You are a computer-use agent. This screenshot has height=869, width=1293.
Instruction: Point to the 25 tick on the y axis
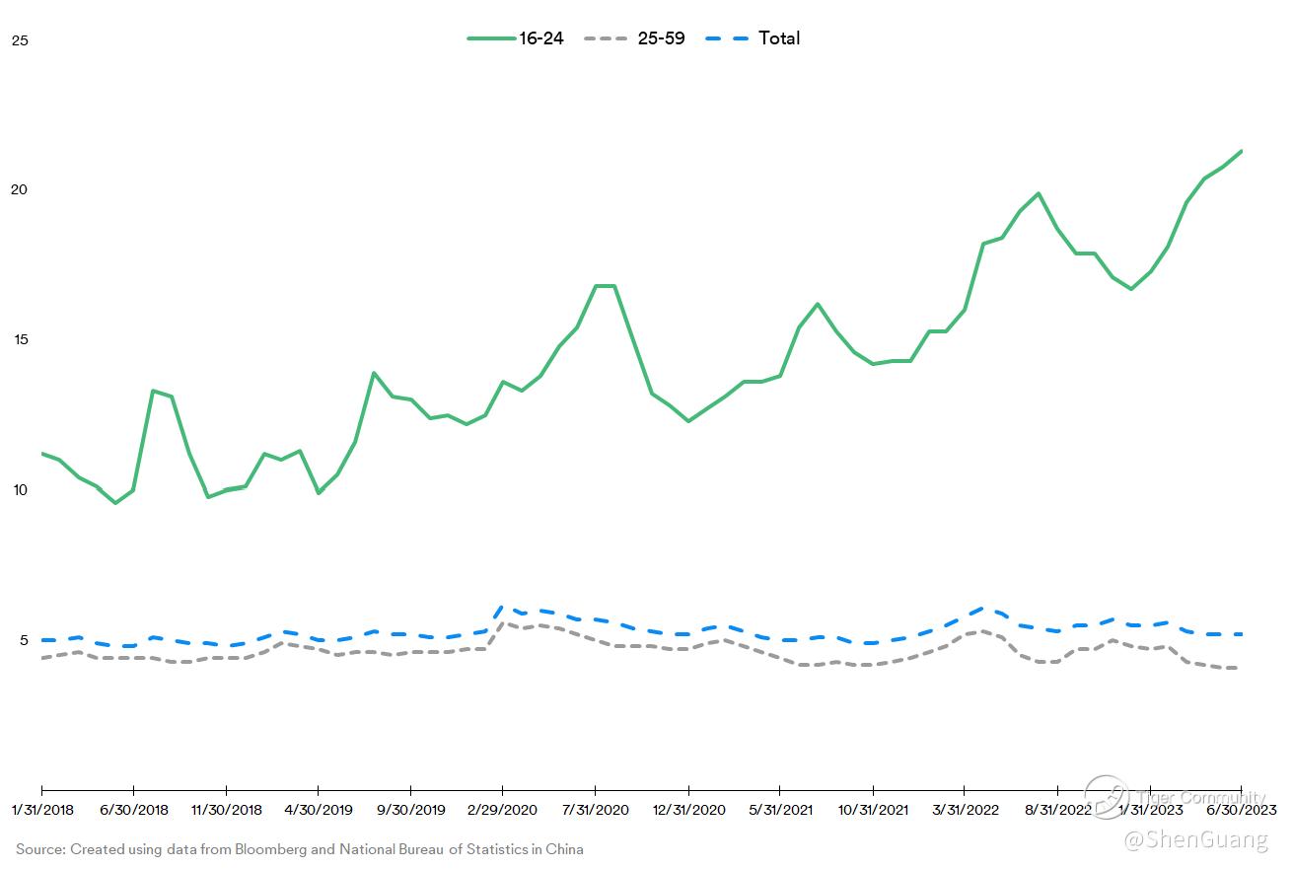pyautogui.click(x=20, y=40)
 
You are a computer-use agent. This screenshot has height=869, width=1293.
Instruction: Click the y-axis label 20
pyautogui.click(x=20, y=189)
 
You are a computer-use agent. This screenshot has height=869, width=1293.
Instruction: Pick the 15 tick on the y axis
pyautogui.click(x=20, y=339)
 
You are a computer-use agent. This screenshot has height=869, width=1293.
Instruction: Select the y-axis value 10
pyautogui.click(x=20, y=490)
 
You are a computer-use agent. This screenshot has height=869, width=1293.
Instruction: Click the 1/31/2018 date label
pyautogui.click(x=41, y=810)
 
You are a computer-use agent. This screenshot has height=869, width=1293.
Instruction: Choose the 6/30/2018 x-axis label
pyautogui.click(x=134, y=810)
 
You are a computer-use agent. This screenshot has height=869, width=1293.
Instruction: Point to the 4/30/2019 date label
pyautogui.click(x=319, y=810)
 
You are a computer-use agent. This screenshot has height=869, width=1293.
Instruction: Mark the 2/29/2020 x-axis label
pyautogui.click(x=503, y=810)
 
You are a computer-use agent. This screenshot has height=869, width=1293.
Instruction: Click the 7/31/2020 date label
pyautogui.click(x=595, y=810)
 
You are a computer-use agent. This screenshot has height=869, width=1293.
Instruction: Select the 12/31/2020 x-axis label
pyautogui.click(x=687, y=810)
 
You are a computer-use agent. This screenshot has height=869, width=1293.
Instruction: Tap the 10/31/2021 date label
pyautogui.click(x=872, y=810)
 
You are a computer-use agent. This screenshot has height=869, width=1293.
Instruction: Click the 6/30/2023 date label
pyautogui.click(x=1240, y=810)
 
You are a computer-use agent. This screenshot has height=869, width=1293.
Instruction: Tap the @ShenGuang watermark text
pyautogui.click(x=1195, y=839)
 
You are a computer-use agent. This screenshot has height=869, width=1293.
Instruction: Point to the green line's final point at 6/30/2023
pyautogui.click(x=1240, y=151)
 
